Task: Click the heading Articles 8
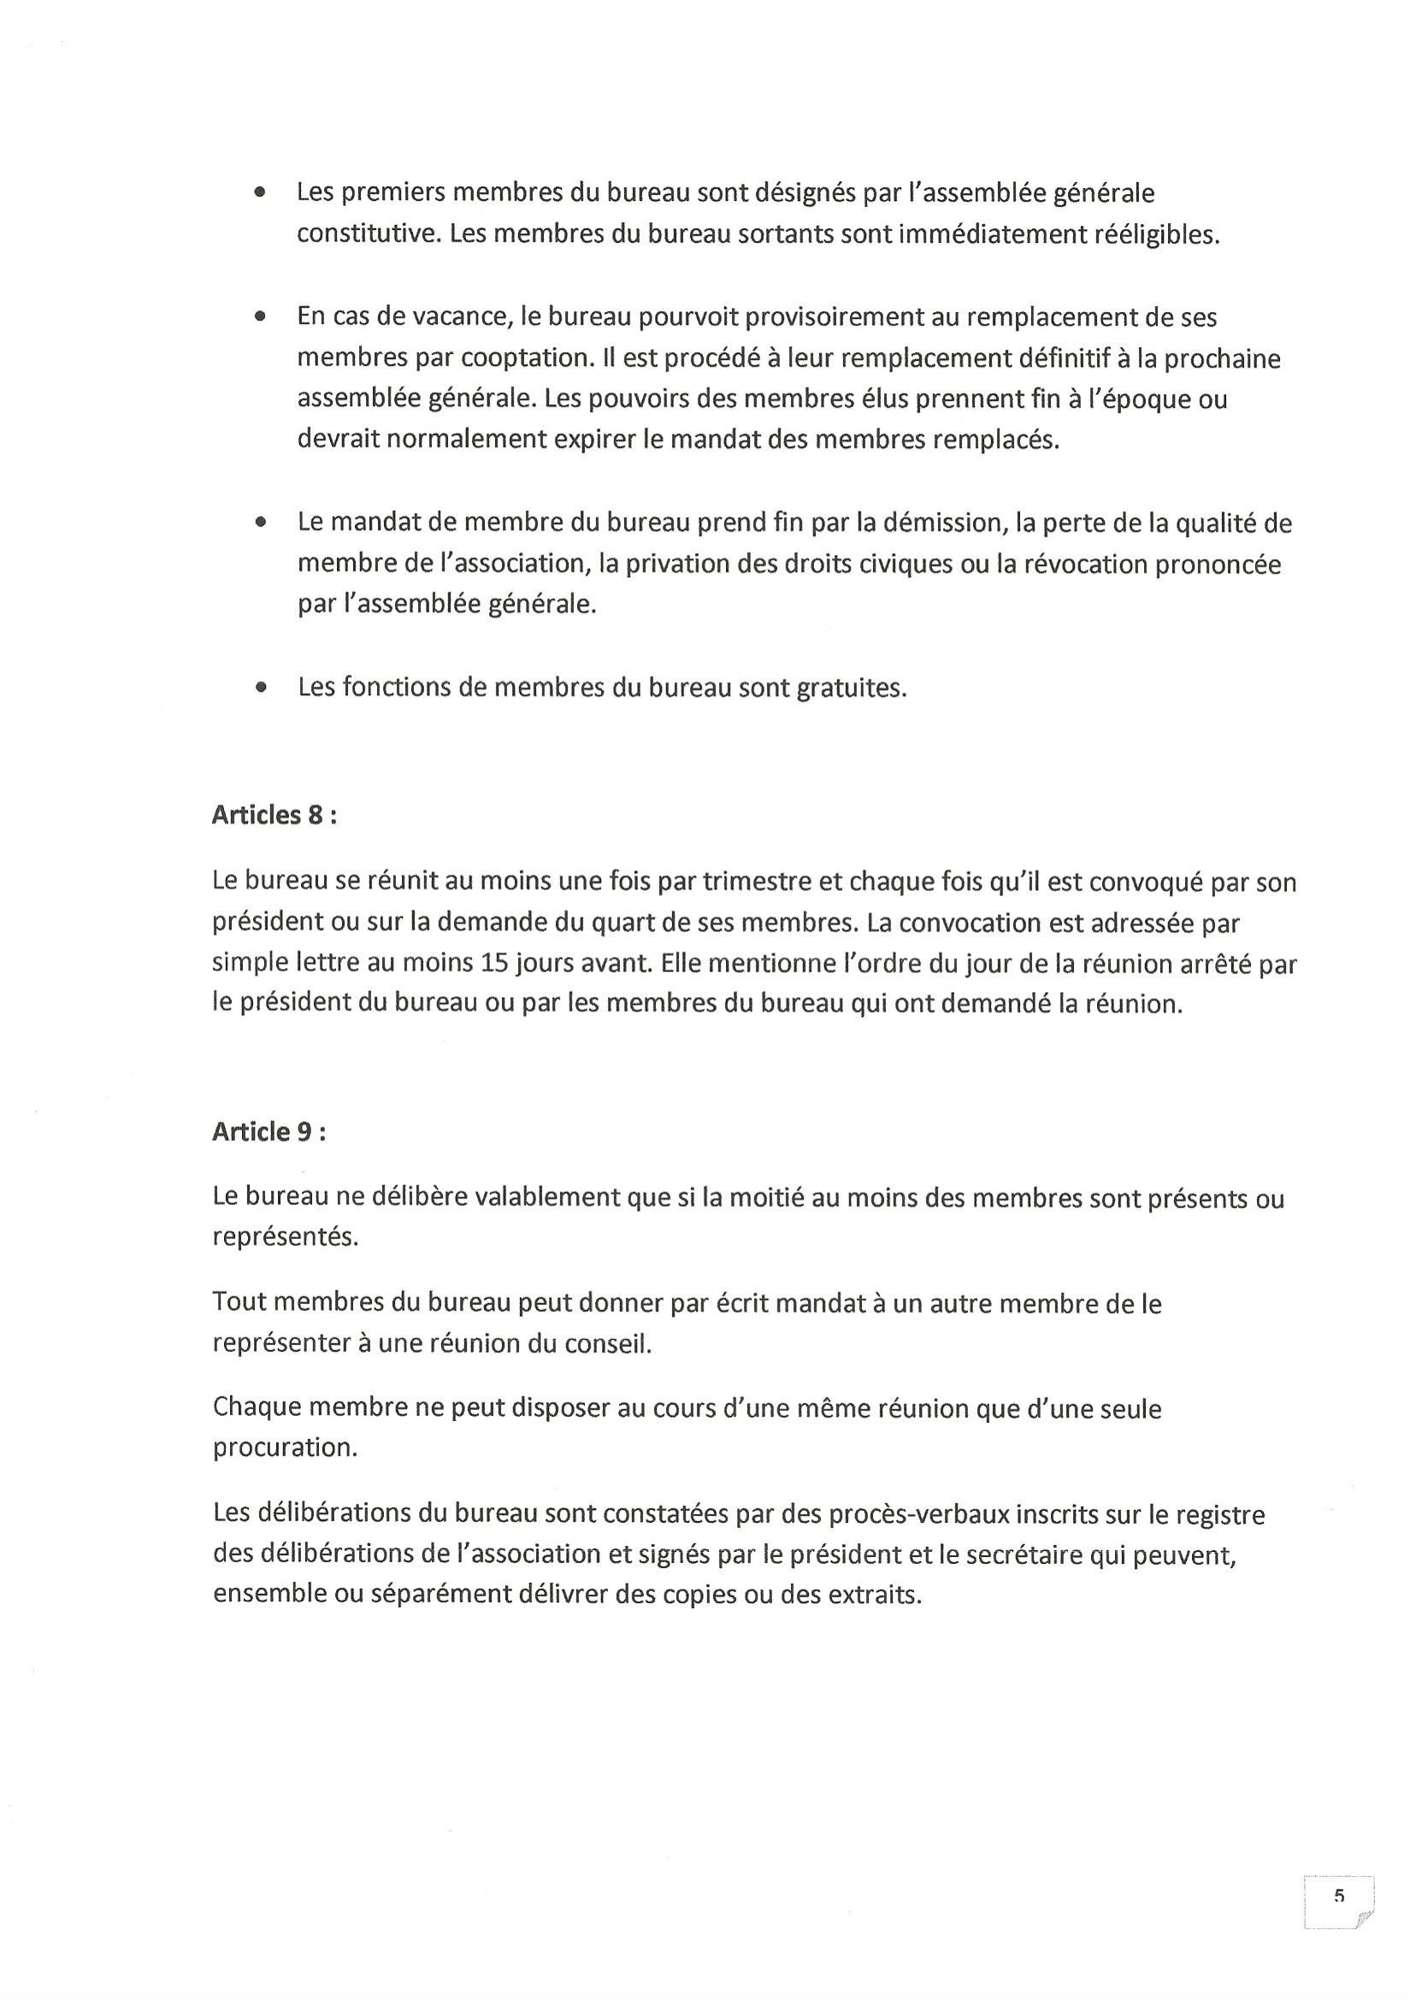coord(274,815)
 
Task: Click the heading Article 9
coord(268,1131)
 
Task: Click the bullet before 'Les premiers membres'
coord(260,193)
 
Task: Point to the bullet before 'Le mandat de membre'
coord(260,523)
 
